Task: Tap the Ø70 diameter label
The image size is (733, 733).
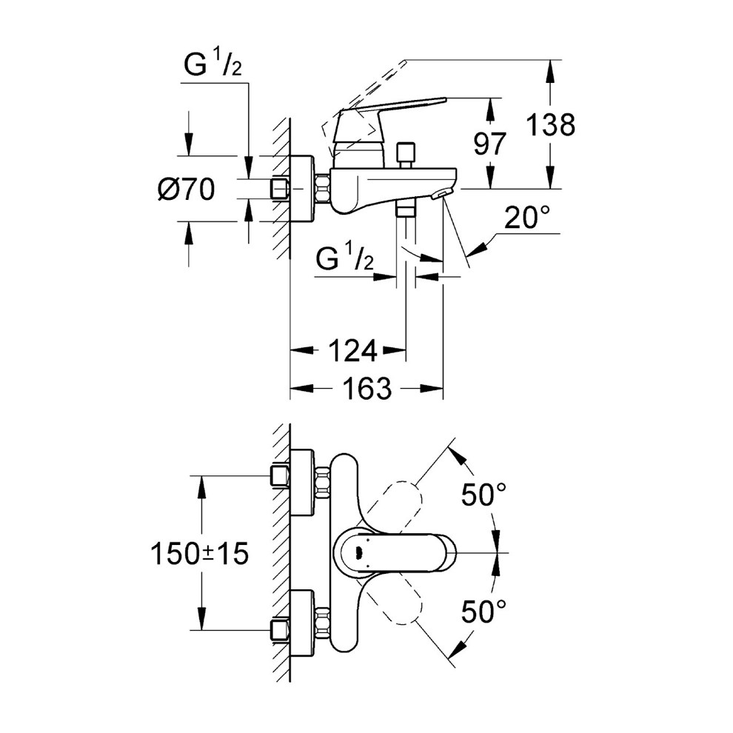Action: point(186,190)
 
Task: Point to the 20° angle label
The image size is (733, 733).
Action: point(528,218)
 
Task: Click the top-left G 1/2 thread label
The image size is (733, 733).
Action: point(212,67)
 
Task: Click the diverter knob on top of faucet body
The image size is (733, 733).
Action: point(405,154)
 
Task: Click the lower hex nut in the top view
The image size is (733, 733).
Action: point(323,623)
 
